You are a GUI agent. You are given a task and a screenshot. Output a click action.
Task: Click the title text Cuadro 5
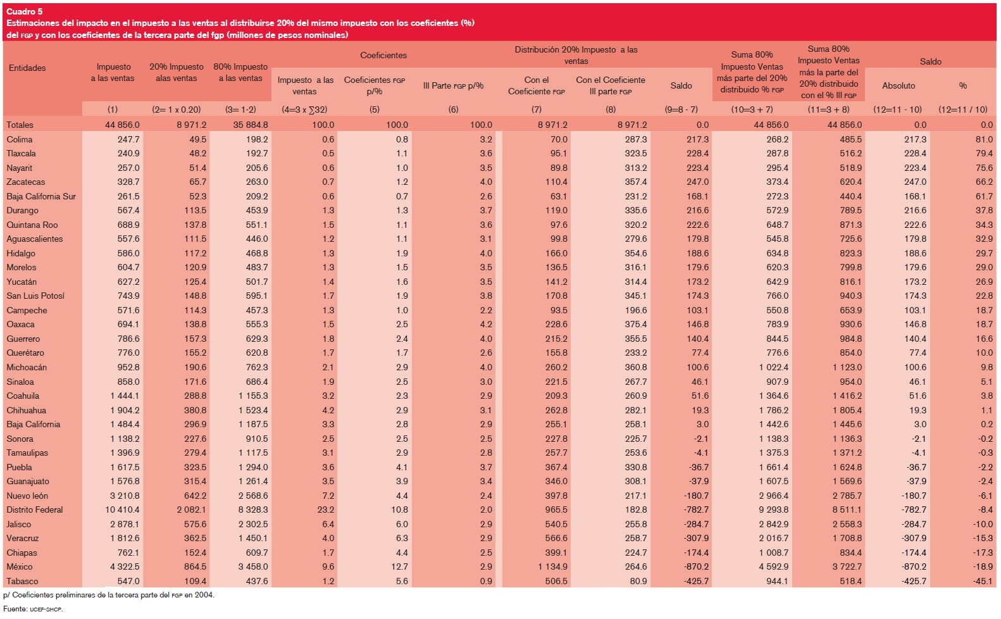pos(24,11)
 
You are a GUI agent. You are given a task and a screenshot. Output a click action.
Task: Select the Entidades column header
pos(27,68)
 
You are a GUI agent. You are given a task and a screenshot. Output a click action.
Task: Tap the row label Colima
pos(20,139)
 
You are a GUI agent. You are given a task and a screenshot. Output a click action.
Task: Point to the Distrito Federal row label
pos(35,510)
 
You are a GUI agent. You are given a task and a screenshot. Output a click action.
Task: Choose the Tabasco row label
pos(22,581)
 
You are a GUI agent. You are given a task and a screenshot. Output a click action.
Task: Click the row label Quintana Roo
pos(32,225)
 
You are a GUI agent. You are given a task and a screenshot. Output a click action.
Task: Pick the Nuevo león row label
pos(27,496)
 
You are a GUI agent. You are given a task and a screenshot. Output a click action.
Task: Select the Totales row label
pos(20,125)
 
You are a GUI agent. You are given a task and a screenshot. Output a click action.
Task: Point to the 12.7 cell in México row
pos(400,566)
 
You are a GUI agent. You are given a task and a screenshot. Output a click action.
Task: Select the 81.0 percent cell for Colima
pos(984,139)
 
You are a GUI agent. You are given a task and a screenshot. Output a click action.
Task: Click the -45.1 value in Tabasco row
pos(983,581)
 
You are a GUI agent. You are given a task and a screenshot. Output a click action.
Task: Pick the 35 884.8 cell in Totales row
pos(251,125)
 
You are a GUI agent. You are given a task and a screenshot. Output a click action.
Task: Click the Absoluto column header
pos(898,86)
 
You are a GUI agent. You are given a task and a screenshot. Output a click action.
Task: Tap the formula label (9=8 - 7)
pos(681,109)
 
